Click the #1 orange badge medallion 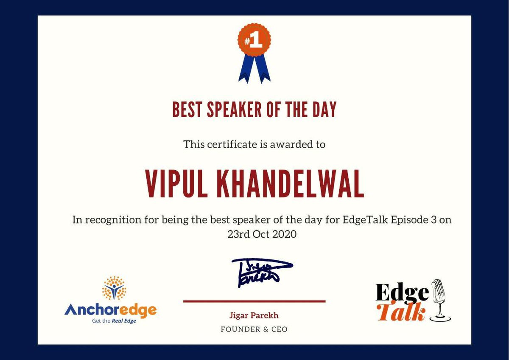[x=254, y=40]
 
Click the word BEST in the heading [x=187, y=110]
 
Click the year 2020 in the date [x=282, y=234]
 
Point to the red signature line [x=254, y=301]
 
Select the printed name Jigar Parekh [x=254, y=315]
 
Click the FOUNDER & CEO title [x=254, y=329]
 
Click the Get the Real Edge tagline [x=114, y=321]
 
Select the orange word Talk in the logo [x=401, y=312]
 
